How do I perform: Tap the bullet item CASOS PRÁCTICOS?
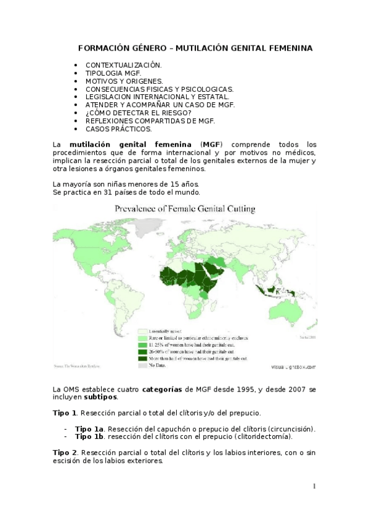pyautogui.click(x=118, y=129)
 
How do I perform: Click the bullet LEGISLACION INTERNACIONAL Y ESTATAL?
pyautogui.click(x=156, y=97)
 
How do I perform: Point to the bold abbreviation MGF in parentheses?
pyautogui.click(x=212, y=145)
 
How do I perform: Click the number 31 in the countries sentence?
pyautogui.click(x=100, y=192)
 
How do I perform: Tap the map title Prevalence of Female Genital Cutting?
pyautogui.click(x=185, y=209)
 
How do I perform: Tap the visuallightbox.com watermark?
pyautogui.click(x=293, y=366)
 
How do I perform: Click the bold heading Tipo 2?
pyautogui.click(x=65, y=452)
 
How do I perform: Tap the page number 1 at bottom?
pyautogui.click(x=314, y=486)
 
